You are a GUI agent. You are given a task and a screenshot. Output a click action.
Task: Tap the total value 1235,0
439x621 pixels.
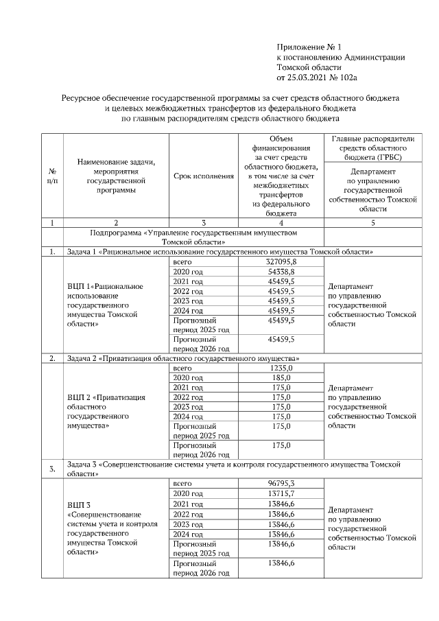[280, 368]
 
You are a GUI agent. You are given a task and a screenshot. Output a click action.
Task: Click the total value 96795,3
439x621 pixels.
[280, 484]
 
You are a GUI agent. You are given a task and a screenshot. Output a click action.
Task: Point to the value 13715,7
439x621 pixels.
[280, 494]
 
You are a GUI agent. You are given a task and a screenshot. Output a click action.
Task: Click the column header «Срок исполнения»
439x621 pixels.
[204, 176]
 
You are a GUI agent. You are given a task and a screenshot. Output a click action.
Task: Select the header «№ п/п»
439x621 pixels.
[53, 176]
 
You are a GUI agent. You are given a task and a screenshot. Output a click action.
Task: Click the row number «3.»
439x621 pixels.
[53, 469]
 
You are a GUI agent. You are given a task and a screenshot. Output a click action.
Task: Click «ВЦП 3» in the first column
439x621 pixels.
[80, 505]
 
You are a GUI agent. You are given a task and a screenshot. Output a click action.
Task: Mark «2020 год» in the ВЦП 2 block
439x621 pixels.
[188, 378]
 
